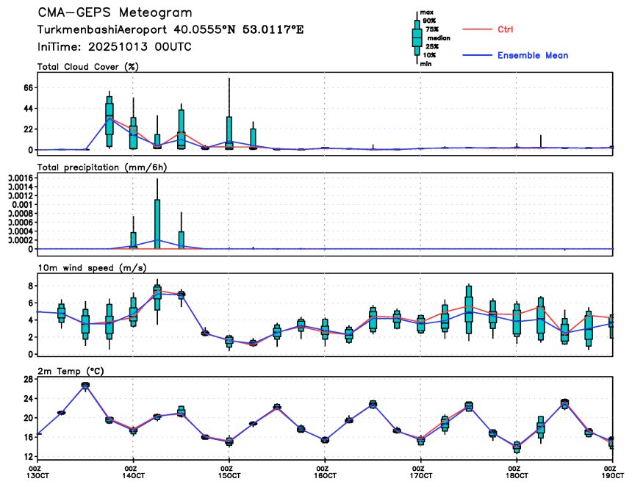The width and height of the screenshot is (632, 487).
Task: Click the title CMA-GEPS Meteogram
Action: pyautogui.click(x=115, y=13)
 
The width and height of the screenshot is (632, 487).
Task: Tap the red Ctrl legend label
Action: pyautogui.click(x=505, y=29)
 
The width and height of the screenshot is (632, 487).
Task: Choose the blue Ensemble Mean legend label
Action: pyautogui.click(x=532, y=56)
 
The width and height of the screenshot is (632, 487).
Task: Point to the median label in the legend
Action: pyautogui.click(x=439, y=38)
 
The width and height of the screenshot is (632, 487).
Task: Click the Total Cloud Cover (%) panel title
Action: pyautogui.click(x=88, y=67)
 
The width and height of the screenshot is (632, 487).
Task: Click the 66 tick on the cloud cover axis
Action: pyautogui.click(x=29, y=87)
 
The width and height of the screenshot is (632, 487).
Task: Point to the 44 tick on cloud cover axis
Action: pyautogui.click(x=29, y=108)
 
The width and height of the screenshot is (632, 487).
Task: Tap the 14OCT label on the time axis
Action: pyautogui.click(x=132, y=476)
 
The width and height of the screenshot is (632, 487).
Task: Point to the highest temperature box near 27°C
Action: pyautogui.click(x=85, y=385)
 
